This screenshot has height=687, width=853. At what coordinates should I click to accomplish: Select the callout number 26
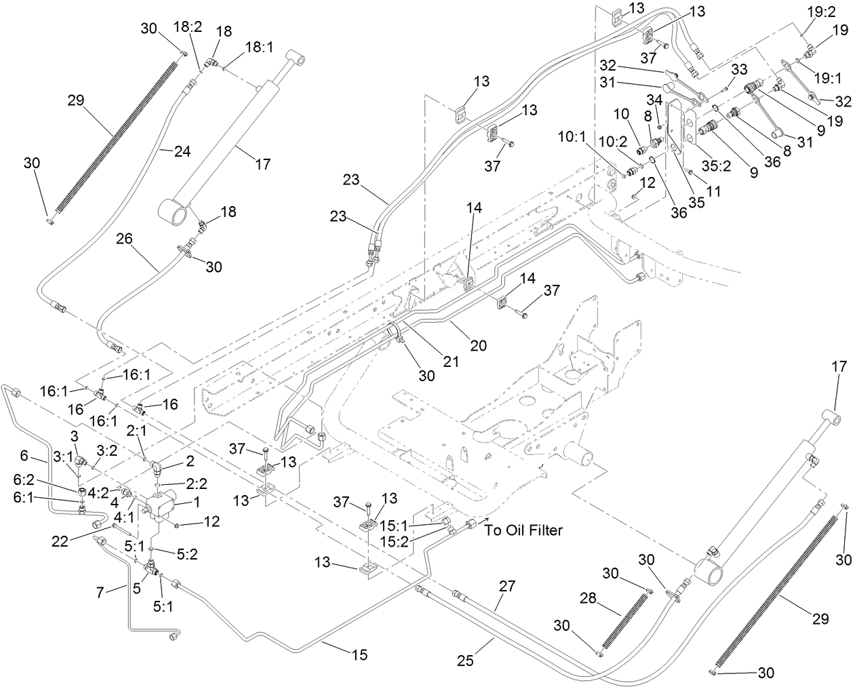[x=124, y=239]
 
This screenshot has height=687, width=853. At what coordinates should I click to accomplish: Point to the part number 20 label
[x=479, y=346]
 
